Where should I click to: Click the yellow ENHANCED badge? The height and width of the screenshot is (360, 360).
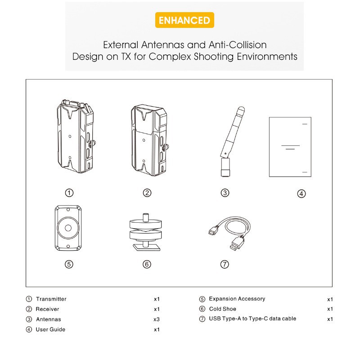[184, 20]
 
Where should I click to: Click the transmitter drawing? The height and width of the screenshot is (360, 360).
[76, 136]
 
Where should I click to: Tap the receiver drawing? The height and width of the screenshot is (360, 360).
[149, 140]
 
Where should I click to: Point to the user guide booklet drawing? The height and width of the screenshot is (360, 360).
[290, 147]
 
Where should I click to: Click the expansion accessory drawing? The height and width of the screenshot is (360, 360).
[68, 228]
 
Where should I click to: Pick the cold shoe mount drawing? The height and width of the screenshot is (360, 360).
[145, 232]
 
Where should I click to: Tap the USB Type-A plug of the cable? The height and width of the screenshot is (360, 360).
[237, 243]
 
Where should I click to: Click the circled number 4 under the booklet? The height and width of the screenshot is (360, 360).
[301, 194]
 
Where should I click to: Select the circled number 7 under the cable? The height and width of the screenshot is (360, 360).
[225, 264]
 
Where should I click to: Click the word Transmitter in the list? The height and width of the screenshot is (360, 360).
[51, 299]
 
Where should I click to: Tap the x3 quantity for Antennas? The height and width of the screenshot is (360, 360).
[157, 319]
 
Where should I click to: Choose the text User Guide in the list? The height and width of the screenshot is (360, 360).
[50, 329]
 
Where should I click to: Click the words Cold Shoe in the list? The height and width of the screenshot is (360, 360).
[222, 309]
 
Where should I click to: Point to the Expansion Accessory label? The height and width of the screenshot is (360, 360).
[237, 299]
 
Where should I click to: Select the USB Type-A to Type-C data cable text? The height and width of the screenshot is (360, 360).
[252, 319]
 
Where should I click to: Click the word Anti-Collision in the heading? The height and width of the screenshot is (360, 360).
[238, 45]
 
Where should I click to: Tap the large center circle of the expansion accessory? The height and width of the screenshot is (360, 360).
[68, 228]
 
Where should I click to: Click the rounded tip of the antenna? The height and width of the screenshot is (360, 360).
[241, 109]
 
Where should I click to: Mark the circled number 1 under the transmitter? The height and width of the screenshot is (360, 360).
[69, 193]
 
